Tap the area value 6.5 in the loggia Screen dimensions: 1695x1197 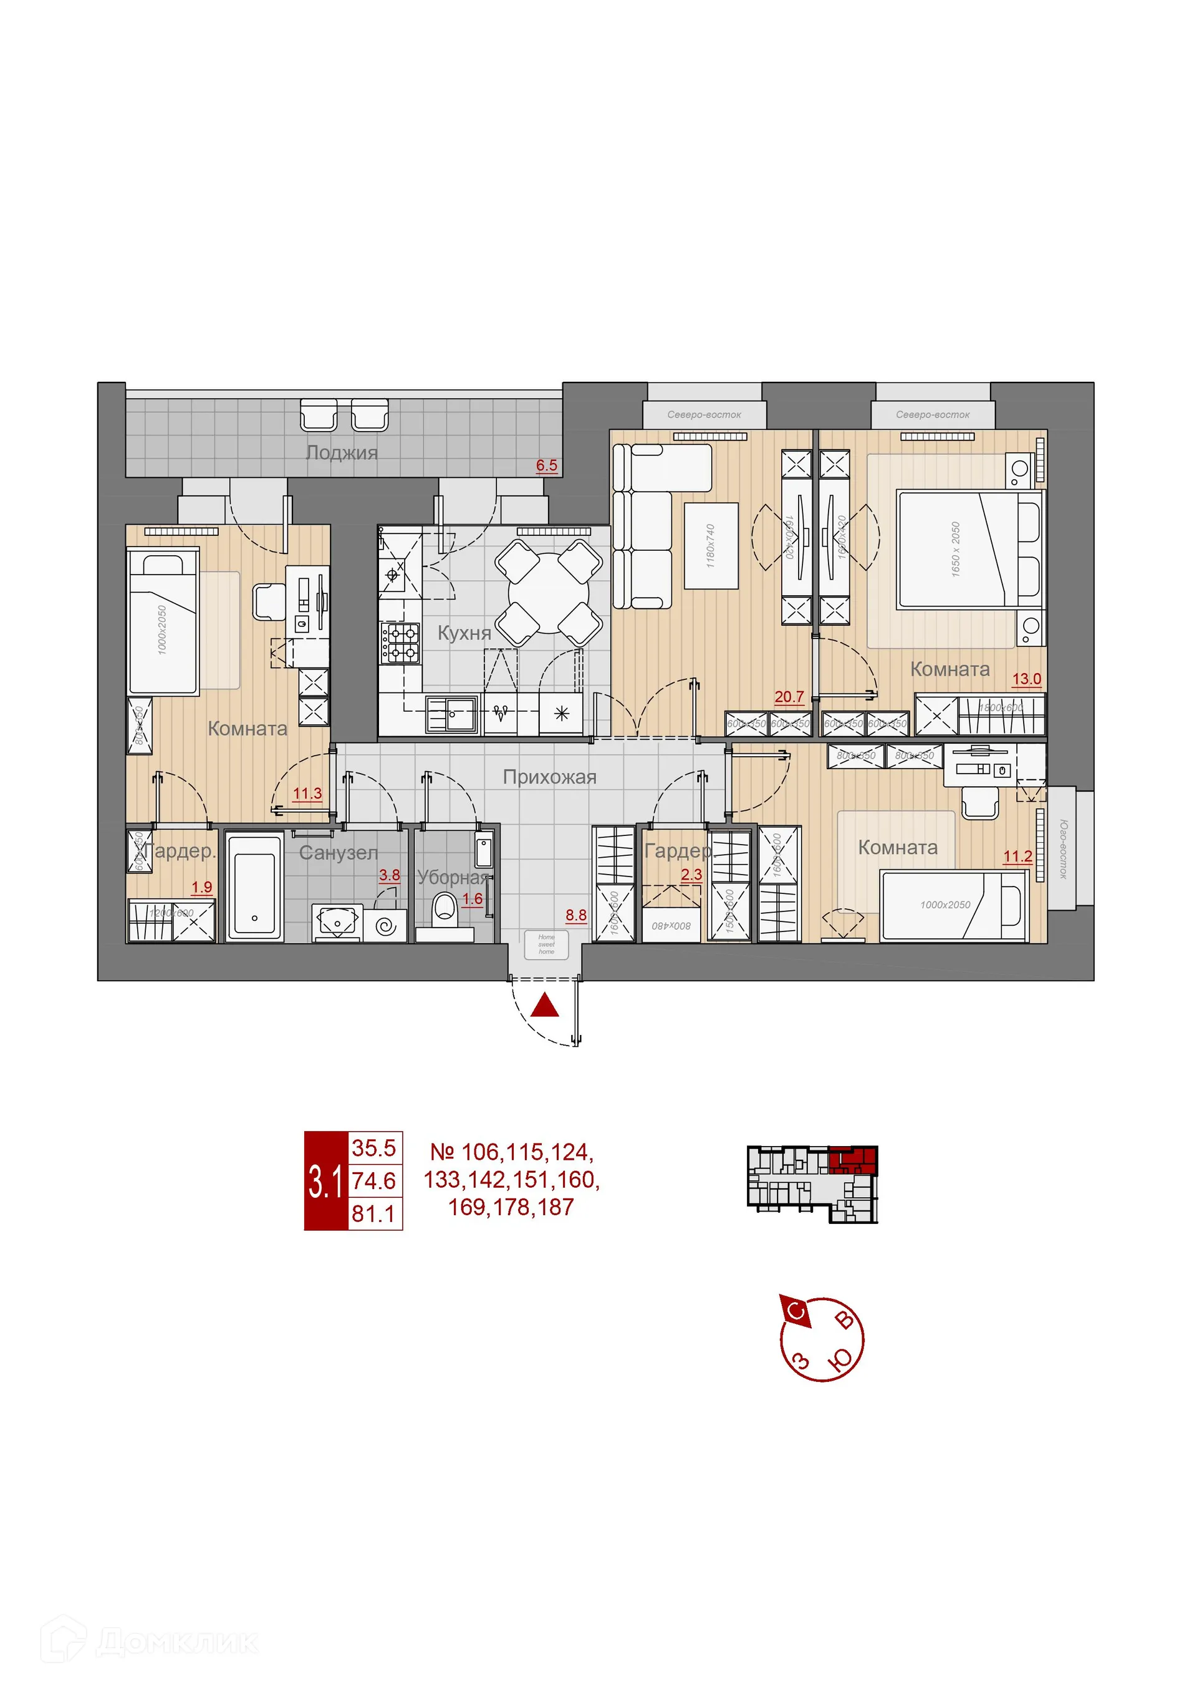click(546, 465)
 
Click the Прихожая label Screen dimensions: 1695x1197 click(549, 777)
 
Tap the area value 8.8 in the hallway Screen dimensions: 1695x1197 click(575, 915)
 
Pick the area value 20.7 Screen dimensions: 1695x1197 click(788, 696)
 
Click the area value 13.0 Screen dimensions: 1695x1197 click(1026, 679)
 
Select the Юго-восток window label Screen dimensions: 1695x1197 click(1063, 848)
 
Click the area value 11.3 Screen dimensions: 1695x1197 click(307, 793)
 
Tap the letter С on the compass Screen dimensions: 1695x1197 click(796, 1312)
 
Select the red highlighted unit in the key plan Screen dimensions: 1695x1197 click(852, 1161)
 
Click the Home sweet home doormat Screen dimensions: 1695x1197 click(546, 945)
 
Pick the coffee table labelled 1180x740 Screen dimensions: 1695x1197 click(711, 546)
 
